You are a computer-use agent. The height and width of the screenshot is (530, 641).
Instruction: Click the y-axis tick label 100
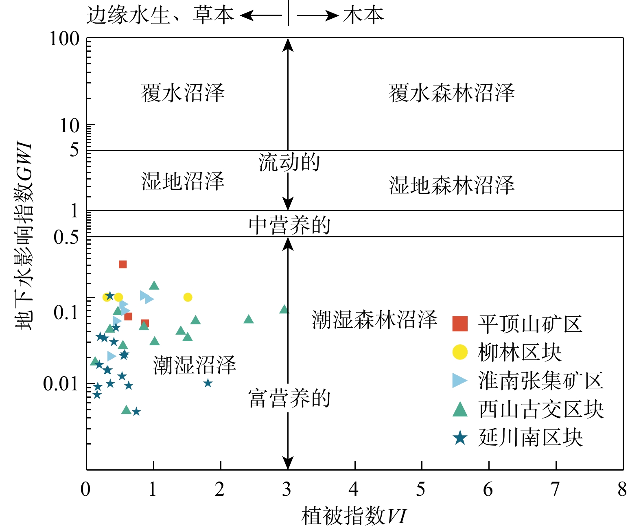[x=64, y=39]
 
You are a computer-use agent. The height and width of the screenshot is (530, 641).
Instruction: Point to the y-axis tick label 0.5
[x=66, y=237]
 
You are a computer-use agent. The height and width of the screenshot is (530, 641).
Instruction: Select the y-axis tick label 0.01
[x=61, y=384]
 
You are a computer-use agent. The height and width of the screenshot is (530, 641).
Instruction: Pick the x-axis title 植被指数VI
[x=354, y=516]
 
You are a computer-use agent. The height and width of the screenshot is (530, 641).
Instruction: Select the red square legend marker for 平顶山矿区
[x=460, y=324]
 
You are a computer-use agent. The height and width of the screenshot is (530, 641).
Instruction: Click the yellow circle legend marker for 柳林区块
[x=460, y=352]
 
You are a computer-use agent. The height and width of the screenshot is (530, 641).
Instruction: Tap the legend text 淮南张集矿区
[x=540, y=381]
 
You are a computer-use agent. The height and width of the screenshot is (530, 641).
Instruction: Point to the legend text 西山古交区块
[x=541, y=409]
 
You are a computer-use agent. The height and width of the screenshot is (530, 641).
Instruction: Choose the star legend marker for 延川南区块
[x=460, y=438]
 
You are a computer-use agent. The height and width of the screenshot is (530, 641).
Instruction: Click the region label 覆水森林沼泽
[x=452, y=93]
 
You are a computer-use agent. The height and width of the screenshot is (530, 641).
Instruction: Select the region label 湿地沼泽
[x=183, y=181]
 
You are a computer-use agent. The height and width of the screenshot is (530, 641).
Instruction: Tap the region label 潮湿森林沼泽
[x=374, y=320]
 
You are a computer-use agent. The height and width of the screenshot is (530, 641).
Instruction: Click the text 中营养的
[x=289, y=225]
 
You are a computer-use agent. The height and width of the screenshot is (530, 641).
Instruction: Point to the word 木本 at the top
[x=363, y=15]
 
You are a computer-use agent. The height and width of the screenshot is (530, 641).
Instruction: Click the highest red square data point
[x=123, y=264]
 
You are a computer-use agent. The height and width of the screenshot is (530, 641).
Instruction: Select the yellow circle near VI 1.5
[x=188, y=297]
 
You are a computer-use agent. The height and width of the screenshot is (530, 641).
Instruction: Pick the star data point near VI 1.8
[x=208, y=383]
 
